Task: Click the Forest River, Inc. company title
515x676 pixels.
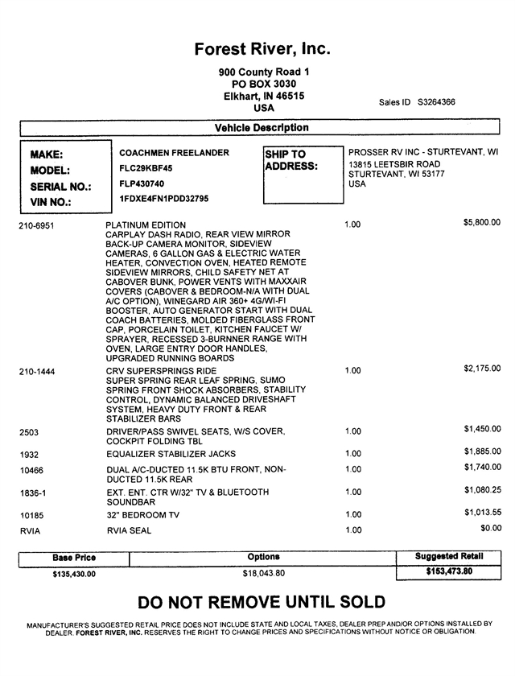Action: [262, 49]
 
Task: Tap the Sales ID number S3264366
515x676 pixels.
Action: [437, 102]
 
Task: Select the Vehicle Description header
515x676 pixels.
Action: [262, 127]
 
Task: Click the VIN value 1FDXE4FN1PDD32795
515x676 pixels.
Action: [163, 198]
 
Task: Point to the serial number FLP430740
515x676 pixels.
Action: [142, 183]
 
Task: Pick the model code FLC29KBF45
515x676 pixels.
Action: [146, 168]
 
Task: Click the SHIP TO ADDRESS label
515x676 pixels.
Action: [291, 160]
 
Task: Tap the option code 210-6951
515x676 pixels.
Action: [36, 225]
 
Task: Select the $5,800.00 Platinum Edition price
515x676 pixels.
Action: [482, 221]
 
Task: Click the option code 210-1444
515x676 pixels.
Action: [36, 371]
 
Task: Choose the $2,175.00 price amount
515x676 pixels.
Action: [482, 369]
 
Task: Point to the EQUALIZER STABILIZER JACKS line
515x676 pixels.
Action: [171, 454]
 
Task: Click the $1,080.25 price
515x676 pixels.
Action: [482, 488]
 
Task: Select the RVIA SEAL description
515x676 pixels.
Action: [129, 531]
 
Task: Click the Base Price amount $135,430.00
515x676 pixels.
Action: [68, 574]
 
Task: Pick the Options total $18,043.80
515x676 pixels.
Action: [264, 573]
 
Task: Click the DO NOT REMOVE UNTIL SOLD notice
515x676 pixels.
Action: [262, 602]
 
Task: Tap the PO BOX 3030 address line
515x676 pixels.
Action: [263, 84]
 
